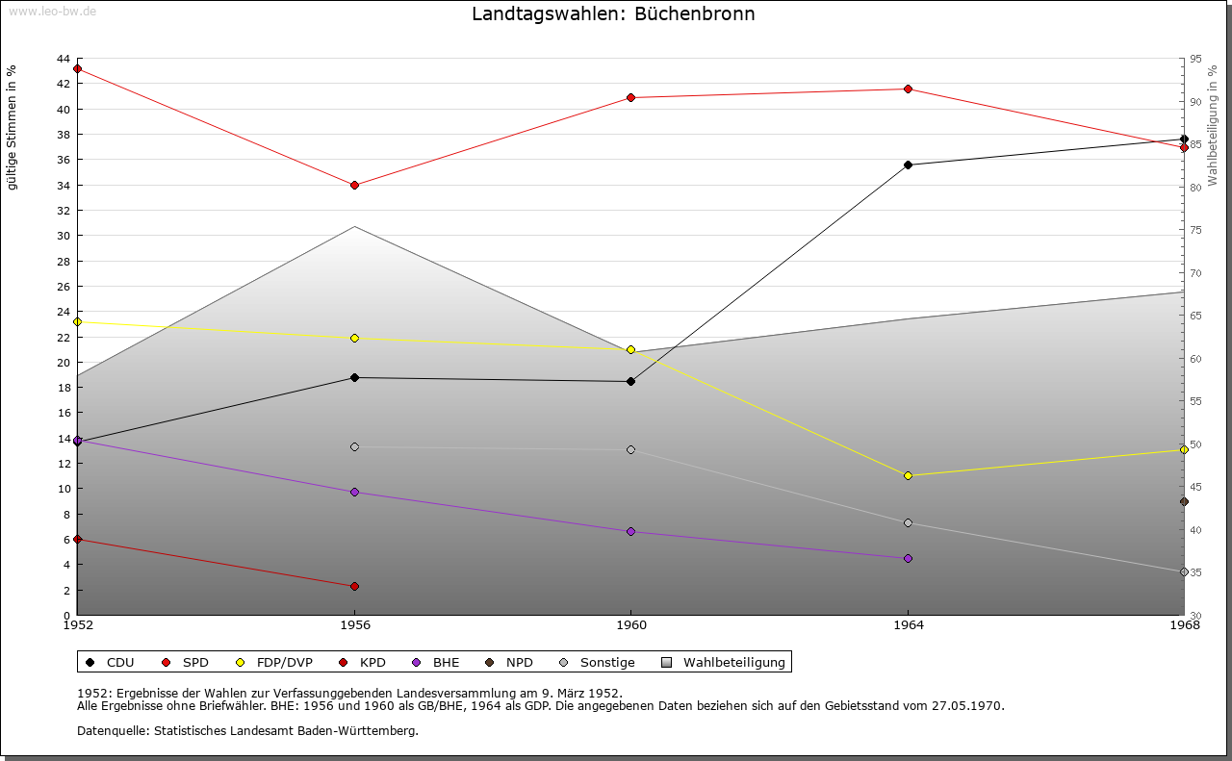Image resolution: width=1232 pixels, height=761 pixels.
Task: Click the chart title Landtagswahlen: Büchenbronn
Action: point(613,14)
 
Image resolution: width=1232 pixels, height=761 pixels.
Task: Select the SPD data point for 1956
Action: point(354,185)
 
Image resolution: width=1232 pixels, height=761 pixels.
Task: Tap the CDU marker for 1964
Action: point(908,165)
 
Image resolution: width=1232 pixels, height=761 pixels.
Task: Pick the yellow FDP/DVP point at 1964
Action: point(908,475)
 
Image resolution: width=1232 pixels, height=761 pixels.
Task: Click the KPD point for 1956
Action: point(354,586)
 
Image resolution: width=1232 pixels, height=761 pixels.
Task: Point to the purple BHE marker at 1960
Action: point(630,531)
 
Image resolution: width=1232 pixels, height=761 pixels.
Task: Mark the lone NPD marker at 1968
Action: point(1184,501)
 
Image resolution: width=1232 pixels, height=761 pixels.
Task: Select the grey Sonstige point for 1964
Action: point(908,522)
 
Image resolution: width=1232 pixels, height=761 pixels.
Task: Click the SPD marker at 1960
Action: point(630,97)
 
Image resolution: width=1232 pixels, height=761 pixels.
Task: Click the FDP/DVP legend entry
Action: point(282,662)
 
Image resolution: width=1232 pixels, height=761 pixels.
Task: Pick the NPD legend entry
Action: point(519,662)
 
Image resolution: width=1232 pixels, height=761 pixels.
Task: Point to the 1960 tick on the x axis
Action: point(630,625)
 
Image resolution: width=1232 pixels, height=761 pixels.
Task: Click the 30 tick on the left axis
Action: point(63,236)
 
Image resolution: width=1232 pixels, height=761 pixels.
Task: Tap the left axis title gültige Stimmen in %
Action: point(13,127)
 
